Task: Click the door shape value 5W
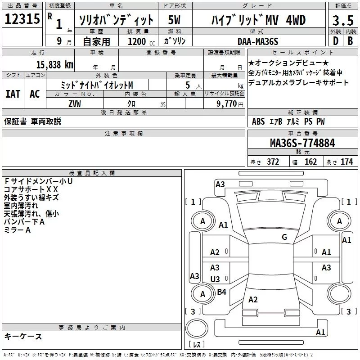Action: click(x=174, y=20)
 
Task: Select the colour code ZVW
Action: click(x=74, y=103)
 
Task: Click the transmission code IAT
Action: click(x=13, y=94)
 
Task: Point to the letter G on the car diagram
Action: click(x=284, y=237)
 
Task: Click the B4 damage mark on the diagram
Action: click(x=221, y=292)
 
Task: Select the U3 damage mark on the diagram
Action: click(x=215, y=279)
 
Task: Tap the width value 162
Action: click(x=310, y=162)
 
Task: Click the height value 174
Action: click(x=346, y=162)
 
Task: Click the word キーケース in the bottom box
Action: click(x=23, y=336)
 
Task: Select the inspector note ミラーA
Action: click(x=17, y=230)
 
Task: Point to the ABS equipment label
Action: click(x=258, y=121)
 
